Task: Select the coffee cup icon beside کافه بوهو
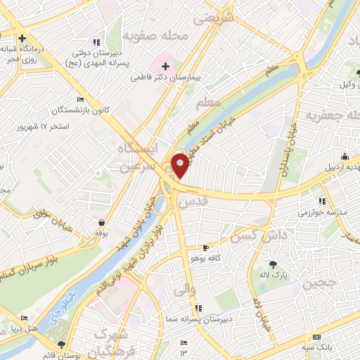coord(205,248)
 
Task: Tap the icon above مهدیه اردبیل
coord(345,156)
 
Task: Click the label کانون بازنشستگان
coord(77,110)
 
